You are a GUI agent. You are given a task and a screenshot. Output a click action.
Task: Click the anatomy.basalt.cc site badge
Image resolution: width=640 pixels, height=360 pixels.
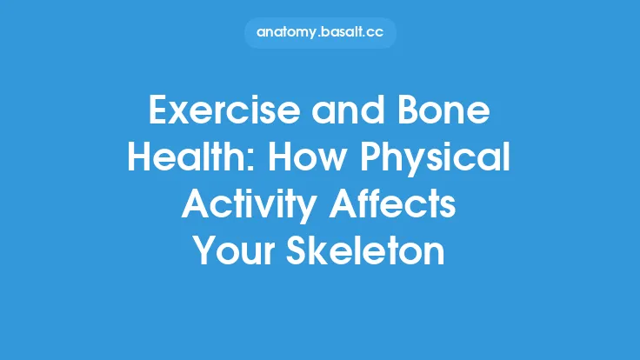tap(320, 32)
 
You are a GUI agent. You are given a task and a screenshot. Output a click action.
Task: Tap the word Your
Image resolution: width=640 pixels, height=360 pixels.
tap(232, 252)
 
